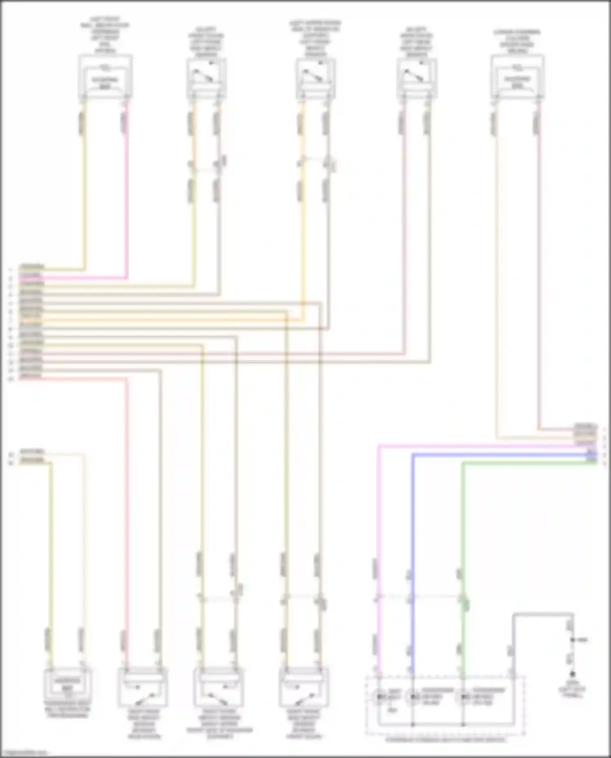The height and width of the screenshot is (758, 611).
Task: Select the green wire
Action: pyautogui.click(x=463, y=530)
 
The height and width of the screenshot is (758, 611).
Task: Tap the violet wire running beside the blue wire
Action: pyautogui.click(x=378, y=530)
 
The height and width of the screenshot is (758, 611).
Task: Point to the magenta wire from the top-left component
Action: pyautogui.click(x=127, y=204)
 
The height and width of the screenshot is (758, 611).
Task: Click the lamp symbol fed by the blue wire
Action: pyautogui.click(x=413, y=697)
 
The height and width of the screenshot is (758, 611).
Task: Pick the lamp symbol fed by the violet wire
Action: pyautogui.click(x=380, y=697)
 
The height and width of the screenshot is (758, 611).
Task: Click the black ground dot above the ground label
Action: pyautogui.click(x=572, y=674)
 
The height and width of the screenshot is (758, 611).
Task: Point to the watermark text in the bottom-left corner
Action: pyautogui.click(x=24, y=753)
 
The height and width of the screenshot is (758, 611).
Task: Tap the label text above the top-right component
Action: pyautogui.click(x=517, y=41)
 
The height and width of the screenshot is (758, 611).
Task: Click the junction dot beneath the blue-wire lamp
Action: pyautogui.click(x=413, y=725)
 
